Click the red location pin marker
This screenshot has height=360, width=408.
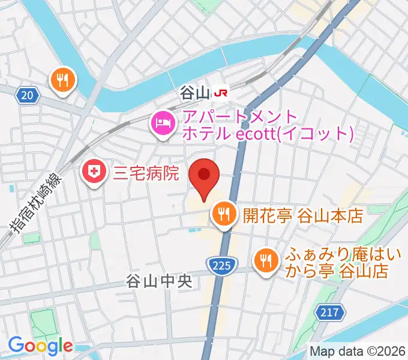pyautogui.click(x=203, y=176)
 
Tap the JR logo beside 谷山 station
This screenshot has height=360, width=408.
pyautogui.click(x=222, y=92)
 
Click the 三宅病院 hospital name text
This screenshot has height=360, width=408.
pyautogui.click(x=146, y=174)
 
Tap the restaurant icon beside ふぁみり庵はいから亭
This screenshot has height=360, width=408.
pyautogui.click(x=265, y=260)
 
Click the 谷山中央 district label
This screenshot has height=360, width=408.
pyautogui.click(x=158, y=280)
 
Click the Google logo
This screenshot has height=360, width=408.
pyautogui.click(x=40, y=346)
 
